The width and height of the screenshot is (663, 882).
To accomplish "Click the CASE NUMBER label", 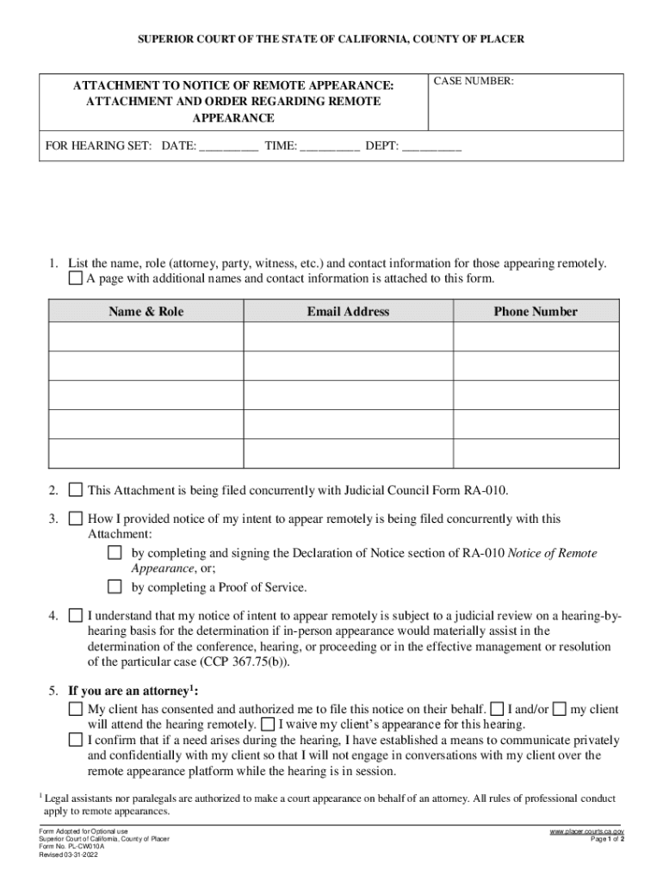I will [x=474, y=81].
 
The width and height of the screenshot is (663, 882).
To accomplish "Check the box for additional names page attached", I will [x=76, y=279].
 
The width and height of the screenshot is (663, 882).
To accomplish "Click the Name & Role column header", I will [x=146, y=312].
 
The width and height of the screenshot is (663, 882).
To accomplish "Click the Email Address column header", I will [x=348, y=312].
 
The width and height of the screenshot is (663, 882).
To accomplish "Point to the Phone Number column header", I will [x=535, y=312].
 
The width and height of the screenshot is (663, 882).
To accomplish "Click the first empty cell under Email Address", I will [x=348, y=337].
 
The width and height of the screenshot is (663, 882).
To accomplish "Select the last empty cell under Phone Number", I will [x=535, y=453].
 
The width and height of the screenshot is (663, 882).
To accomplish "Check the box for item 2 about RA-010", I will [x=76, y=491].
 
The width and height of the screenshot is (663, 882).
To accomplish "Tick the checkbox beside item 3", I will [x=76, y=519].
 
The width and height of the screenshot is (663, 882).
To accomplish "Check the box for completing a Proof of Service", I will [x=115, y=587].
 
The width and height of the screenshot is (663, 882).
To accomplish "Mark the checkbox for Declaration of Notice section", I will [x=115, y=553].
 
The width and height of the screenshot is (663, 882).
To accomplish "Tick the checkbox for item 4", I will [x=76, y=616].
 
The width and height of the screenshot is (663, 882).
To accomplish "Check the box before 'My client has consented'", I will [x=76, y=709].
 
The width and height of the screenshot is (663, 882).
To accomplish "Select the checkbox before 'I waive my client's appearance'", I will [x=268, y=724].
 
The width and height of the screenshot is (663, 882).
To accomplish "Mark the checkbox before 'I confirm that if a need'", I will [x=76, y=740].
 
